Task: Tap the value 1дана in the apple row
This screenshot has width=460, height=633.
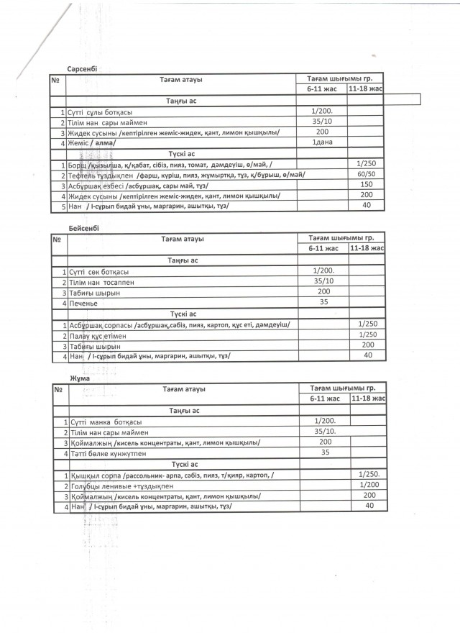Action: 321,143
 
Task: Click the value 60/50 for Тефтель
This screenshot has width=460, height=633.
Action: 367,174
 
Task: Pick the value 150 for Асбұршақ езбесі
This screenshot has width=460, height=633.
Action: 367,185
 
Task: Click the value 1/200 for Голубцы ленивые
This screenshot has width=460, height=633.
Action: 369,486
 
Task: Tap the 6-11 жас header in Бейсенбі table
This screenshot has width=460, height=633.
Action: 323,248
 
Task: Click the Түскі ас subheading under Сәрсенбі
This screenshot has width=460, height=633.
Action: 182,154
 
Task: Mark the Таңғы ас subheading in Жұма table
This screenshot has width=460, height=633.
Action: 182,410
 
